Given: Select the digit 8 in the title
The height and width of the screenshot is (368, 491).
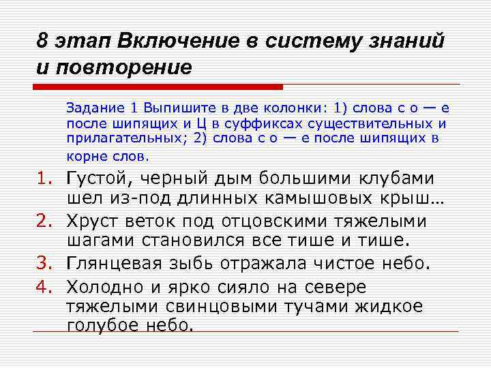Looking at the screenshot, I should click(42, 40).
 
